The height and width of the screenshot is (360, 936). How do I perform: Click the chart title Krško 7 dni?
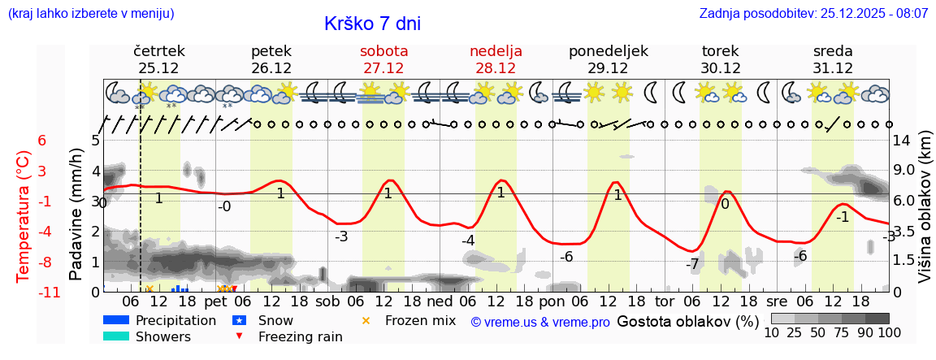[372, 24]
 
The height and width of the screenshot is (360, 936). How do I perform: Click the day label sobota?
[383, 51]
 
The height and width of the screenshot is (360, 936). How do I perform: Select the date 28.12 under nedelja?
[496, 68]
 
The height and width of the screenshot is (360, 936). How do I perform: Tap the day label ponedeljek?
[608, 51]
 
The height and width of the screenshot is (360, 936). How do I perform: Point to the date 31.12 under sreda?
[833, 68]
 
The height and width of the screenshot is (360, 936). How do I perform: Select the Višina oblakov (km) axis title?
[925, 215]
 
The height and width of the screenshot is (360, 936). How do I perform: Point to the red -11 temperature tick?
[49, 293]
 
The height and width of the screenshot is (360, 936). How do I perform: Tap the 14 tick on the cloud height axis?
[901, 140]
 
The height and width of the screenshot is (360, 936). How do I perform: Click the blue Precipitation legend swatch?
[116, 319]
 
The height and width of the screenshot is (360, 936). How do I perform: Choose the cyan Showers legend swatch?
[116, 336]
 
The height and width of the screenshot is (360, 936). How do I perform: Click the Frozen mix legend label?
[420, 320]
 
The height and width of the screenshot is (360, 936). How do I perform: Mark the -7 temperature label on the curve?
[691, 264]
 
